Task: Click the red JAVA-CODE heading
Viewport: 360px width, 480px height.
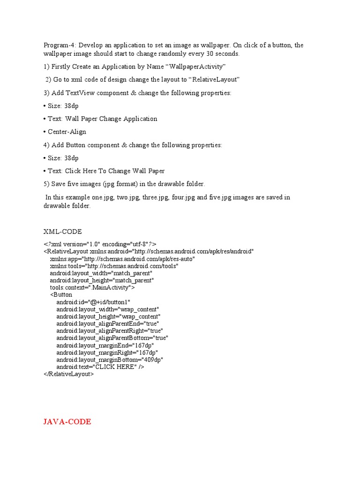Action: pos(67,422)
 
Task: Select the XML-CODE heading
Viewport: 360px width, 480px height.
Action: pos(63,232)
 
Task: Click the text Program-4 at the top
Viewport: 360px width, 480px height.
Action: pos(60,45)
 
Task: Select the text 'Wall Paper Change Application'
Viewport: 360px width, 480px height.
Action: pos(111,119)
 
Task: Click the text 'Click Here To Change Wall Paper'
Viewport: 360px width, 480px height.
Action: pos(115,171)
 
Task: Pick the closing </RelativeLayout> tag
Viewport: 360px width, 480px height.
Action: pos(69,374)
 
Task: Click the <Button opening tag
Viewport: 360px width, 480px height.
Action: pos(61,295)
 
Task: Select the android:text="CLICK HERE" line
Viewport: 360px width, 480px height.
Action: pos(100,367)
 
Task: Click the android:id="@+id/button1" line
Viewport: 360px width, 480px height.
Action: pos(93,302)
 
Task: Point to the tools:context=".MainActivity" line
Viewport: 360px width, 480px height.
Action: pos(92,287)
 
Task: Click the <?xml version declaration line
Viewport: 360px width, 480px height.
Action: pos(100,244)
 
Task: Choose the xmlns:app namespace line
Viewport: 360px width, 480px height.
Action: pos(122,259)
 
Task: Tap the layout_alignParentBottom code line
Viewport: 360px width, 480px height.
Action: pos(112,338)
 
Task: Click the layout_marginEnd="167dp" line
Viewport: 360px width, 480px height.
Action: pos(105,345)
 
